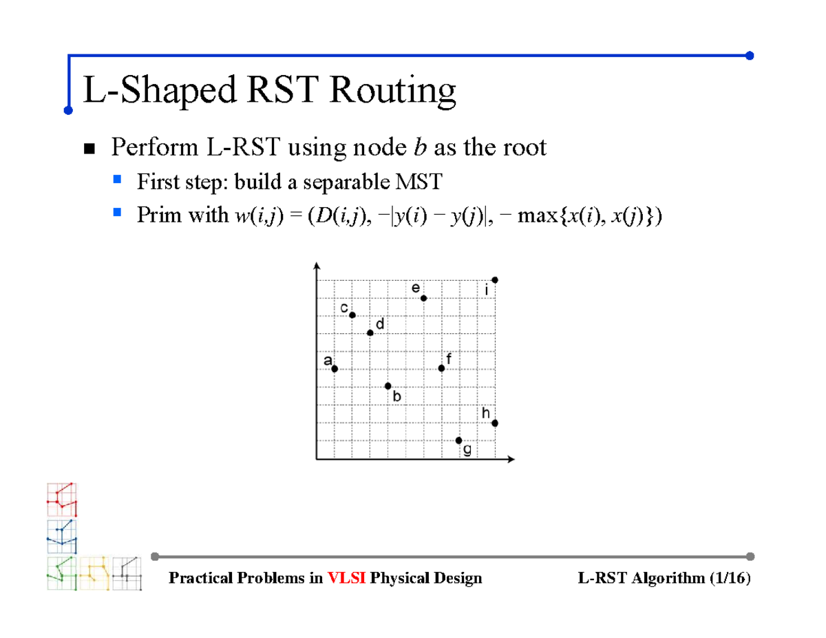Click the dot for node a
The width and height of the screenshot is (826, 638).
(335, 369)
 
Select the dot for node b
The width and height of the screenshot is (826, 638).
(388, 386)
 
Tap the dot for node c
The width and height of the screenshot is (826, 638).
(352, 315)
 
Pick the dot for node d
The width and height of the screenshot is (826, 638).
(370, 333)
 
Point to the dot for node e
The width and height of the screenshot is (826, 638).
(424, 298)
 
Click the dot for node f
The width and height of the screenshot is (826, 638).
(442, 369)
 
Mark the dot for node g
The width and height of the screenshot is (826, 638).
(459, 440)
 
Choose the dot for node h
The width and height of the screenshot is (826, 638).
(495, 423)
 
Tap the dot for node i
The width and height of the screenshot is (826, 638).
(495, 279)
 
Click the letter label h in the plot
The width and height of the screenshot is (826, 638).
(486, 413)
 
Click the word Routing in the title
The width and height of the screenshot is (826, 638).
(392, 91)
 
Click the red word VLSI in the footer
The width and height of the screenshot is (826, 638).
(348, 578)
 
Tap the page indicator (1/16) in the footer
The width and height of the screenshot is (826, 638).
(728, 578)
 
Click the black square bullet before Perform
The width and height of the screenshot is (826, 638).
(89, 148)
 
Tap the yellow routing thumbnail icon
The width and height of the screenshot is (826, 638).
(94, 573)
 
